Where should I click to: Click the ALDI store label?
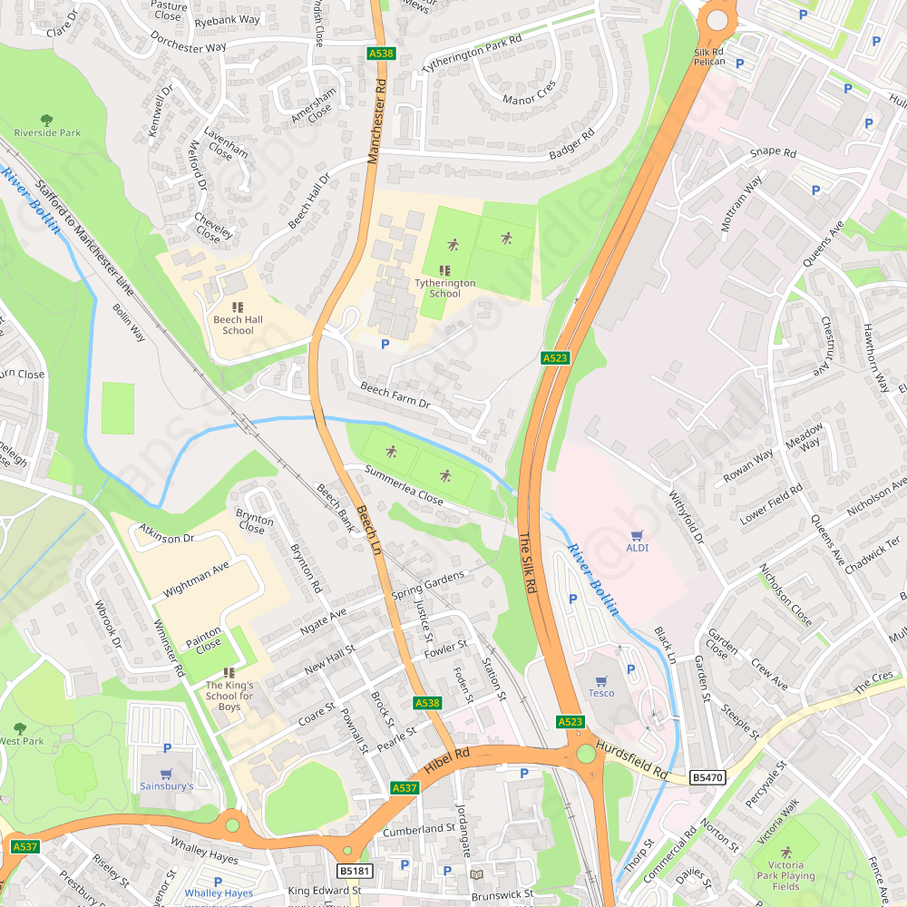638,548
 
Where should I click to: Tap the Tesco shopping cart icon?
600,679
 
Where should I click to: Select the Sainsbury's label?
166,786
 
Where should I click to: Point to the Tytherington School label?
444,288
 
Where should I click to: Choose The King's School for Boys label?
229,696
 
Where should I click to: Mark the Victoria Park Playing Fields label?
785,876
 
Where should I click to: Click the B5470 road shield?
707,777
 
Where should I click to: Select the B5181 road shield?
355,871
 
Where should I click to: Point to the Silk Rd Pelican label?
709,56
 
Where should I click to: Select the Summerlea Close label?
404,485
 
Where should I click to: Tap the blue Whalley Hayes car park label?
219,893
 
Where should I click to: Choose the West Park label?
20,741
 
